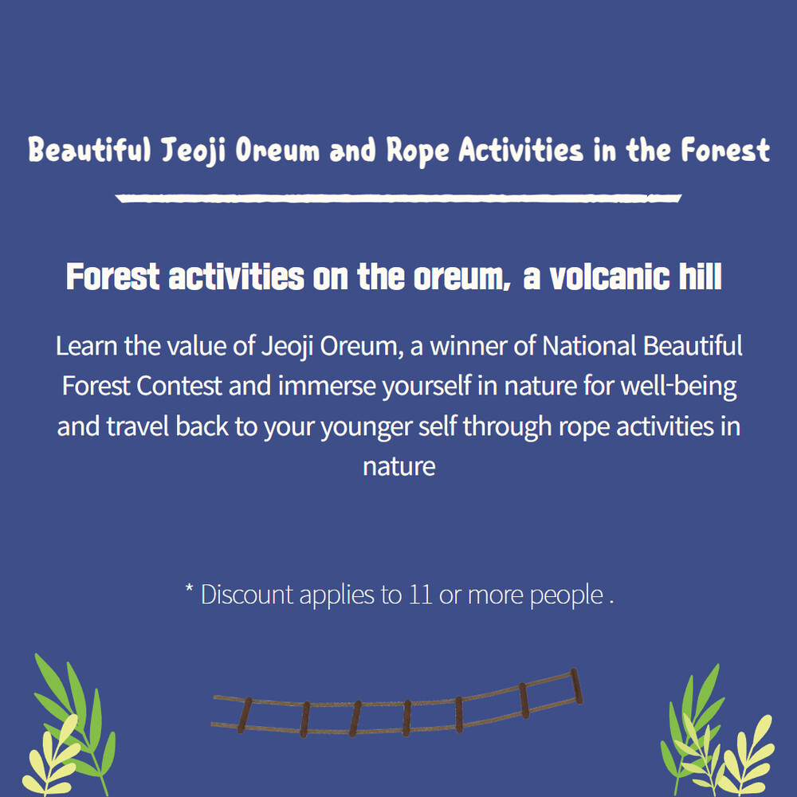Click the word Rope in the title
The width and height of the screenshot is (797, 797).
(418, 151)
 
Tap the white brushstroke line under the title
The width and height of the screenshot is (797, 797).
(398, 198)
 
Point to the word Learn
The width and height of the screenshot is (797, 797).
(86, 346)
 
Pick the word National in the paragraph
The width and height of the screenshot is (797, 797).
(589, 346)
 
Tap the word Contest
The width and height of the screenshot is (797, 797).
(179, 386)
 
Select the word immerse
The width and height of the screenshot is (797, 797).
(326, 386)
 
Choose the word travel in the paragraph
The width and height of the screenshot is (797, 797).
(138, 426)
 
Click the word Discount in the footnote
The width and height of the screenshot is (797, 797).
(247, 595)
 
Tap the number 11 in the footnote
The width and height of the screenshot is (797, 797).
(420, 595)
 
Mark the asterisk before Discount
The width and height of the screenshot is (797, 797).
(189, 588)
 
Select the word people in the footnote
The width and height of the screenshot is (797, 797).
(567, 595)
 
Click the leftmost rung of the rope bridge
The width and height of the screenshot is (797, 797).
(245, 715)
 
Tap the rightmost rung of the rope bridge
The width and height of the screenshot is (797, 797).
(576, 686)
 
